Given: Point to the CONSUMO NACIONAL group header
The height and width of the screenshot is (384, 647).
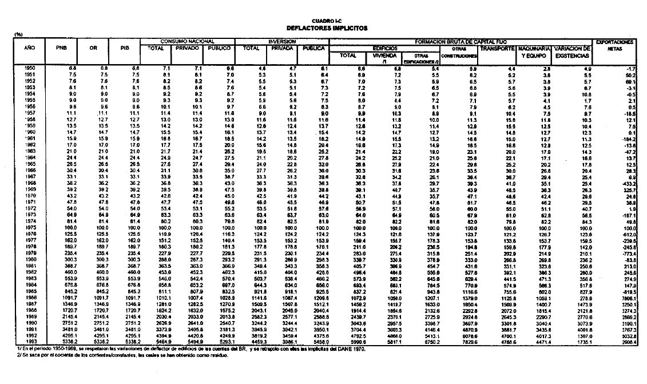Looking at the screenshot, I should point(187,42).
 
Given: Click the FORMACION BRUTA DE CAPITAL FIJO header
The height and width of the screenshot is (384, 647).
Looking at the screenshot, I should point(463,42).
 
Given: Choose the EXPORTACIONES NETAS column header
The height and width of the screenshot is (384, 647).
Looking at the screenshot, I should point(614,45).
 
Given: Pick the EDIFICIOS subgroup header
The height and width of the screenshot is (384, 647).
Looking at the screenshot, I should point(385,49).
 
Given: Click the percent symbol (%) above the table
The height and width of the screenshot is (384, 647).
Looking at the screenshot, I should point(18,35).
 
